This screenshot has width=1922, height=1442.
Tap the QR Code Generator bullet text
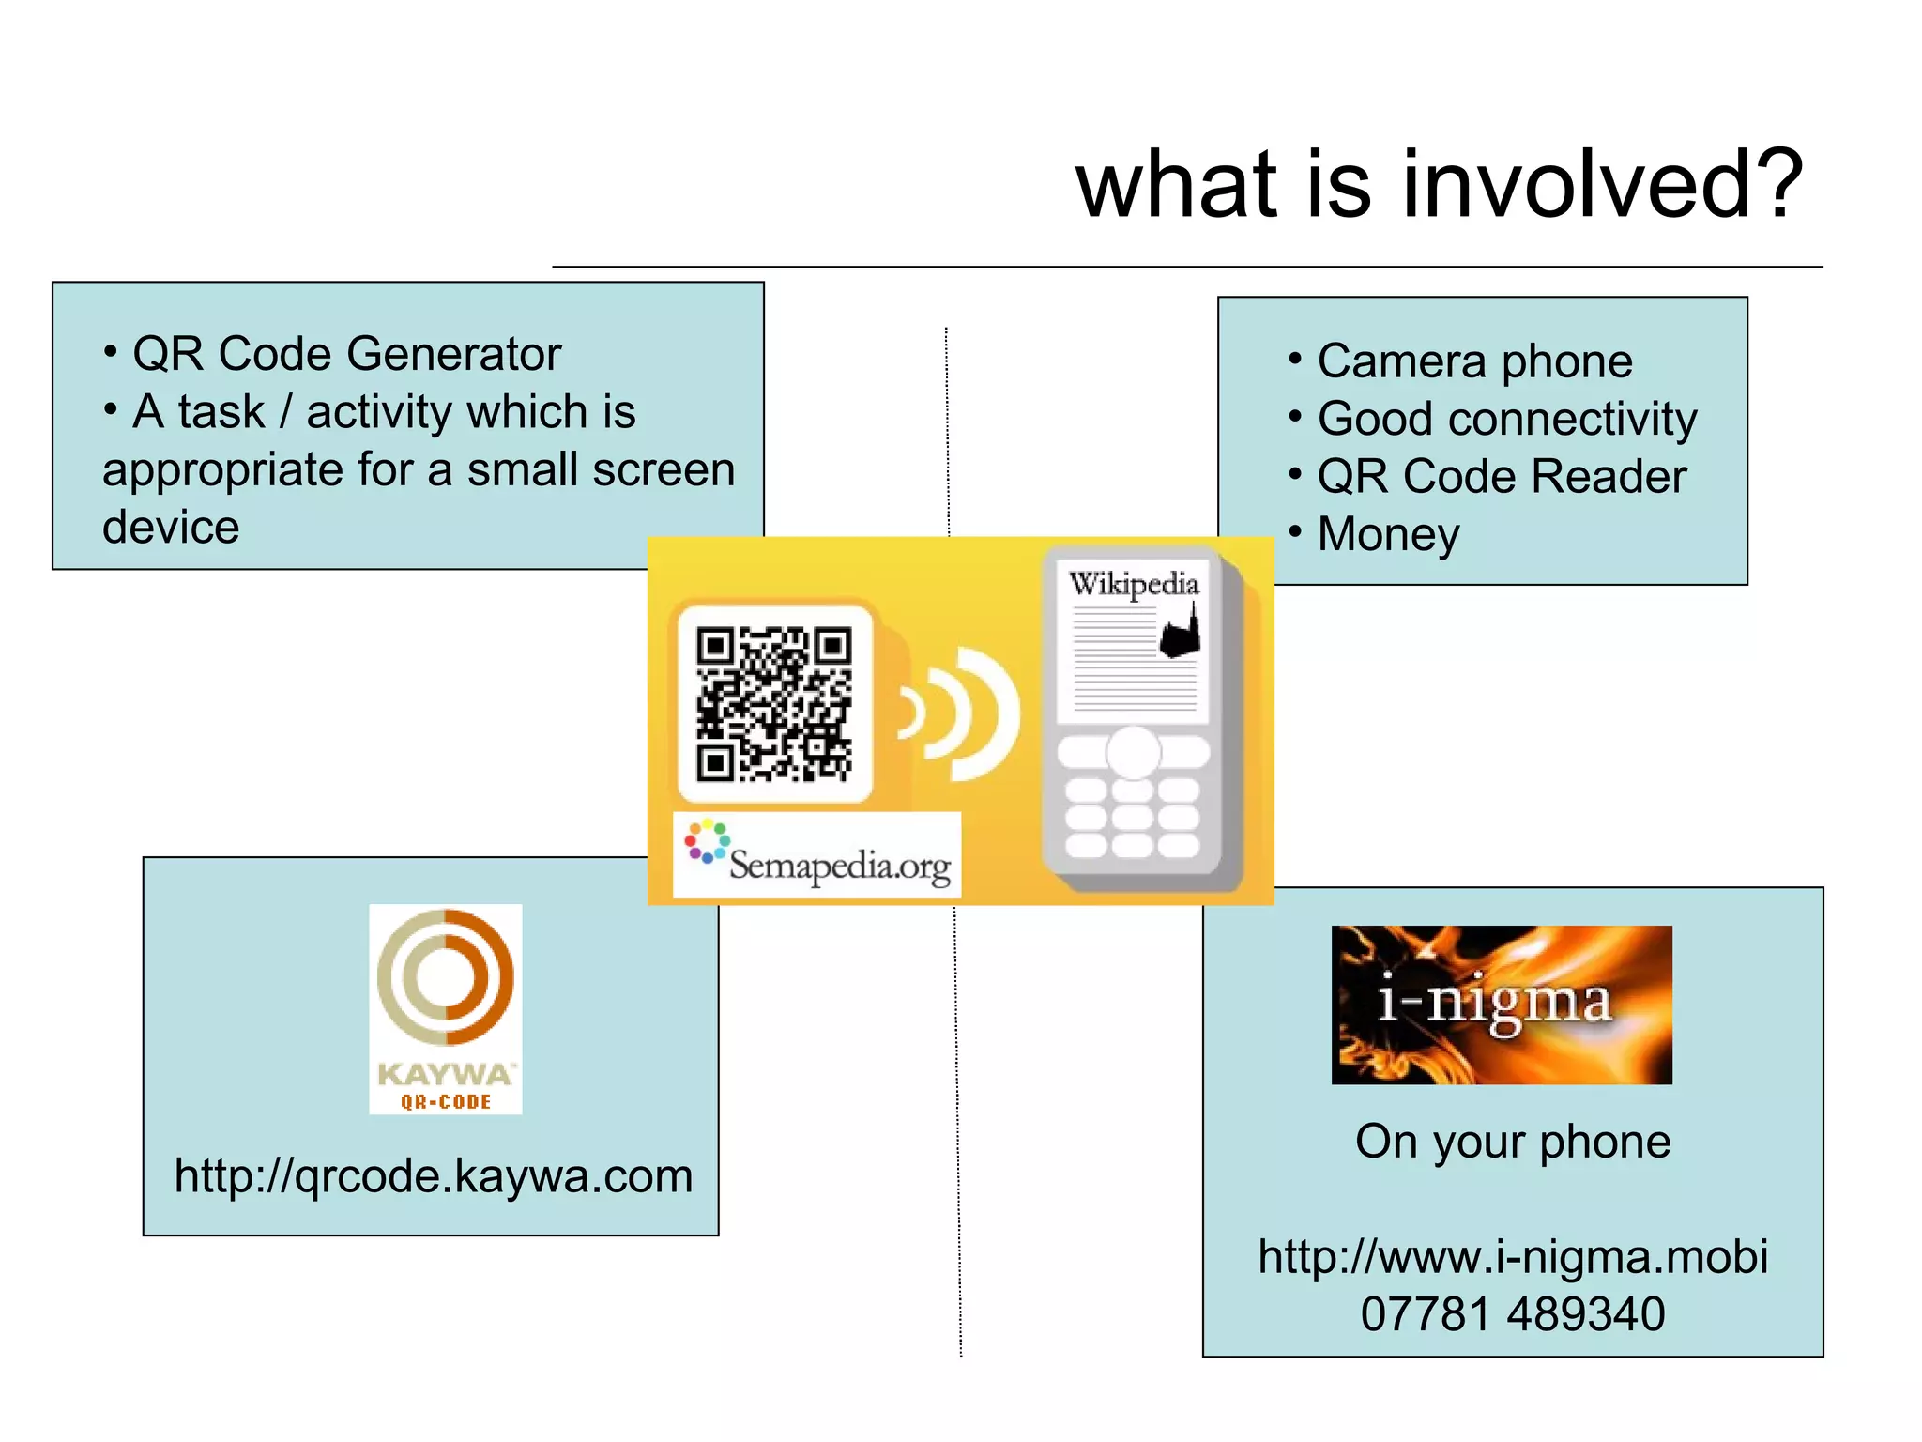point(346,355)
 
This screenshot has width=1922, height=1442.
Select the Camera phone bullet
point(1474,361)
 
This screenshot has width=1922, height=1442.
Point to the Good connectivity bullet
point(1506,419)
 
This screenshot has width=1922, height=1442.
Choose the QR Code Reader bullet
point(1502,477)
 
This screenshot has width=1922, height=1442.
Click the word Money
point(1388,535)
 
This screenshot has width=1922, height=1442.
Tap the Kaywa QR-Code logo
point(446,1008)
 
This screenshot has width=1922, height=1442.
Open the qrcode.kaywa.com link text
point(434,1176)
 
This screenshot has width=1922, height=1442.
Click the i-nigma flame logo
point(1501,1005)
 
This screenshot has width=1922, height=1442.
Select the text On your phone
point(1513,1143)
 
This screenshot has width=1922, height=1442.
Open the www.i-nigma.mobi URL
point(1513,1257)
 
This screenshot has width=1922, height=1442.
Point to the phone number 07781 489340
point(1513,1314)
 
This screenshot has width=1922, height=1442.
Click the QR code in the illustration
point(774,705)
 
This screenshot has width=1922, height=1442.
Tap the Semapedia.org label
point(839,865)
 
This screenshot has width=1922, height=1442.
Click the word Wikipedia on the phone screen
point(1134,584)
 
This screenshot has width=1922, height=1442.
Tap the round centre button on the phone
point(1133,752)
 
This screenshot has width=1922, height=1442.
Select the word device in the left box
point(171,528)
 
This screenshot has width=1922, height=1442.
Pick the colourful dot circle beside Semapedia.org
point(706,841)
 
